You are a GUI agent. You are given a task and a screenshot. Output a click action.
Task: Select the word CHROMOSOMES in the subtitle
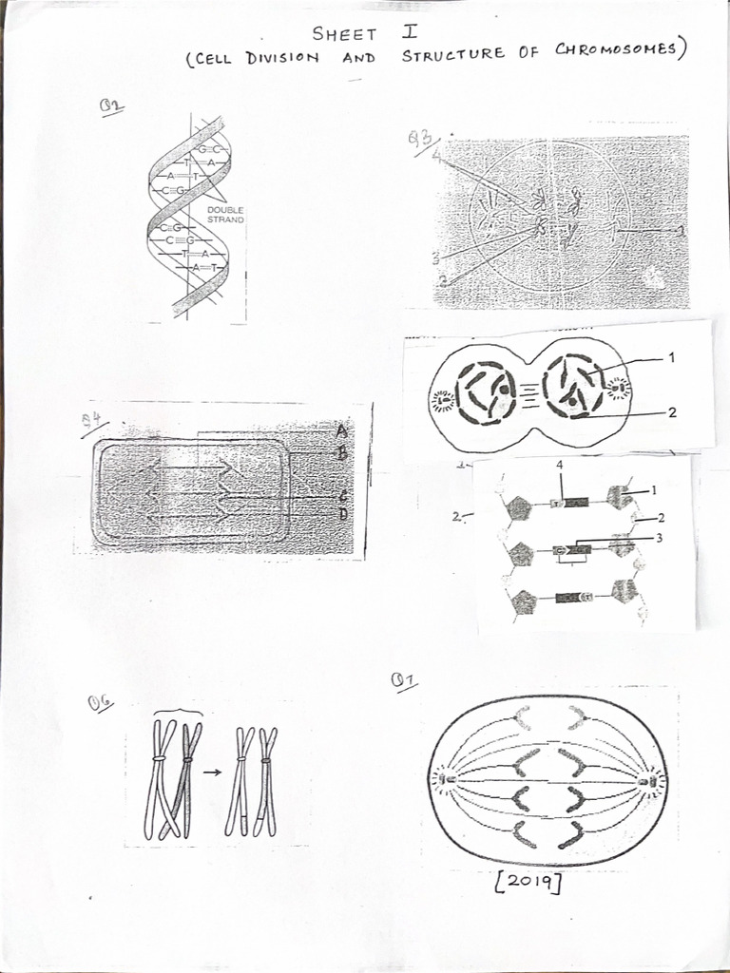click(x=619, y=51)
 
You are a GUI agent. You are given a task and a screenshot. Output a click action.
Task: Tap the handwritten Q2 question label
click(x=113, y=106)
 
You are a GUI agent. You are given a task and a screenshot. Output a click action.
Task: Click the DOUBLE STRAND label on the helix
click(x=225, y=215)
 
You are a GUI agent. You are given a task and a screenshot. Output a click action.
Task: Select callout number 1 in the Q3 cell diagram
click(x=681, y=230)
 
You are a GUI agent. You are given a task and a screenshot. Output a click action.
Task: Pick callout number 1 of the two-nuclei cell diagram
click(x=671, y=358)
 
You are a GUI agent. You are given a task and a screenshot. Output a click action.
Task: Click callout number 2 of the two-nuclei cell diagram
click(x=671, y=412)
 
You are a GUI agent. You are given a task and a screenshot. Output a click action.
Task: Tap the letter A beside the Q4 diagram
click(x=341, y=430)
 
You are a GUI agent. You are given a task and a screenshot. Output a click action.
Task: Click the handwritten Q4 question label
click(x=95, y=421)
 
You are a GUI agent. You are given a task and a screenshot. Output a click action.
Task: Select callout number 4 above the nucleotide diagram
click(x=561, y=466)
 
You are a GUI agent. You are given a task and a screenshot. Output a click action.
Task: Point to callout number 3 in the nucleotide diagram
click(x=658, y=538)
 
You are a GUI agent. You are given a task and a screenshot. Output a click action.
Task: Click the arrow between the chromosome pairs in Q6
click(x=212, y=772)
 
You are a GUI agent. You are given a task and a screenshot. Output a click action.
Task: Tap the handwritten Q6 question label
click(x=100, y=702)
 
